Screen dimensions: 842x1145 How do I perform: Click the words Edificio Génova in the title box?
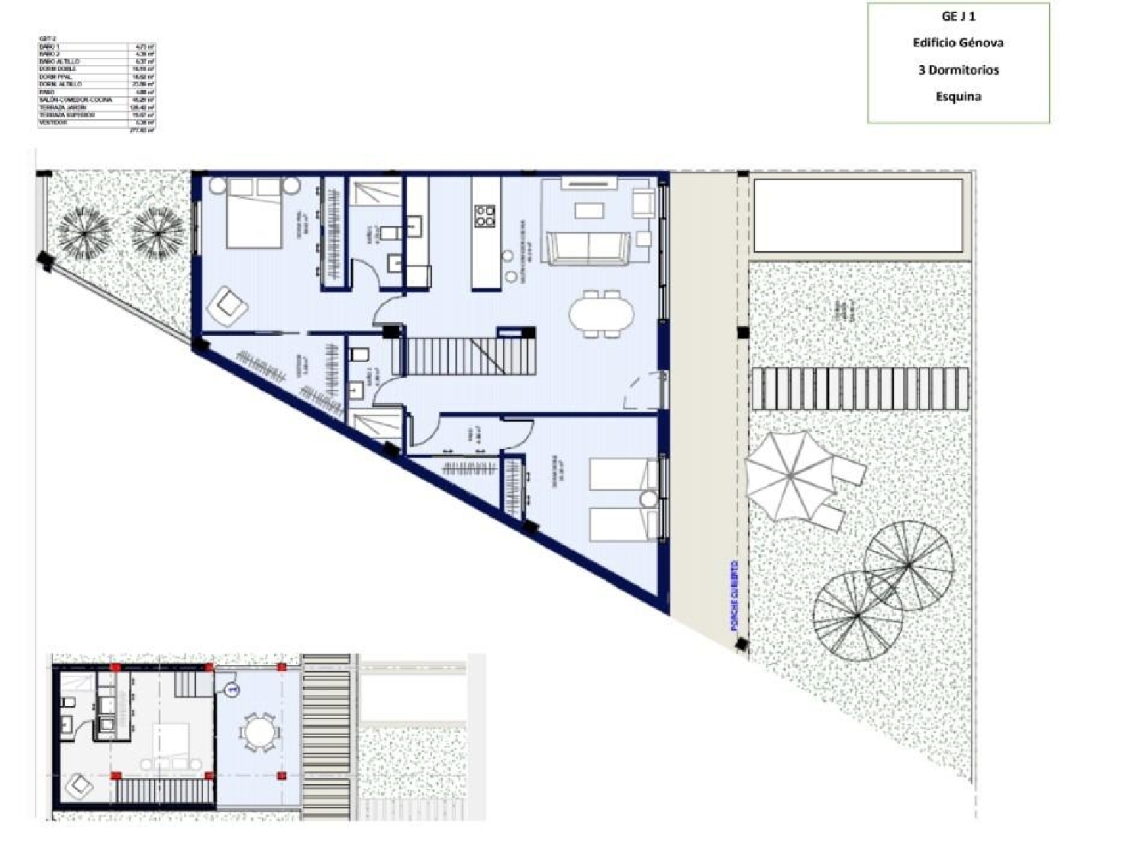click(958, 43)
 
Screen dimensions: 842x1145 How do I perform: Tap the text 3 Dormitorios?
click(958, 69)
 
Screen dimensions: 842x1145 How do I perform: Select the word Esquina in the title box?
click(958, 96)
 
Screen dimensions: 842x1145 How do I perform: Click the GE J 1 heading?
click(958, 16)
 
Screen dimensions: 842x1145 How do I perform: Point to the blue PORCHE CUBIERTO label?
click(734, 595)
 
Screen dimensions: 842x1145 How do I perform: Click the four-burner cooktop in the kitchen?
click(485, 216)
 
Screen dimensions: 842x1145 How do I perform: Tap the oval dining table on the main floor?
click(601, 313)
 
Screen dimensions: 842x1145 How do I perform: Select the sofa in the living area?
click(588, 248)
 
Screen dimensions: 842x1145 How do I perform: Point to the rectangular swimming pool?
click(857, 216)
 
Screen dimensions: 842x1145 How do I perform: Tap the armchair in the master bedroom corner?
click(227, 305)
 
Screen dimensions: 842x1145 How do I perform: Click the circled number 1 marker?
click(232, 689)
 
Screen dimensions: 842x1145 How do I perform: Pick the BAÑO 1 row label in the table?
click(49, 47)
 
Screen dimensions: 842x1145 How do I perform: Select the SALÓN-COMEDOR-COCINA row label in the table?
click(75, 100)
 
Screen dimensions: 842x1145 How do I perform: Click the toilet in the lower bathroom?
click(359, 355)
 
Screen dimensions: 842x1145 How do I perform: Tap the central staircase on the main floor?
click(454, 356)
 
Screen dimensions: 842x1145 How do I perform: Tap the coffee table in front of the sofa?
click(589, 210)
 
